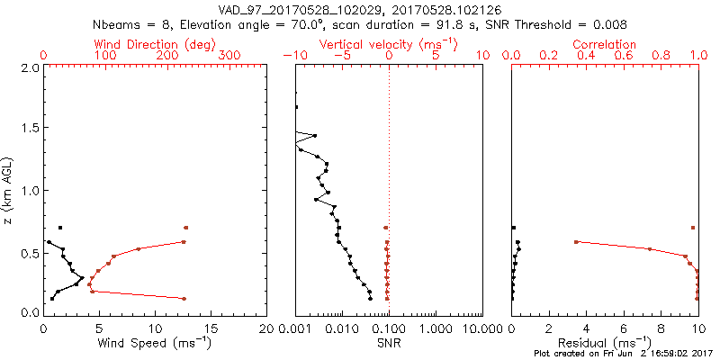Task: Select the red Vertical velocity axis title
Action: (x=389, y=43)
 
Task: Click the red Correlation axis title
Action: (x=605, y=43)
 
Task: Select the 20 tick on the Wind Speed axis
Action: (x=266, y=328)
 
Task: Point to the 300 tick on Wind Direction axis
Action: (x=230, y=55)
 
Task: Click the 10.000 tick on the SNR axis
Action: (x=480, y=328)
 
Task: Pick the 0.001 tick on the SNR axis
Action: (x=296, y=328)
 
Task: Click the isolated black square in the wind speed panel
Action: (x=60, y=228)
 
